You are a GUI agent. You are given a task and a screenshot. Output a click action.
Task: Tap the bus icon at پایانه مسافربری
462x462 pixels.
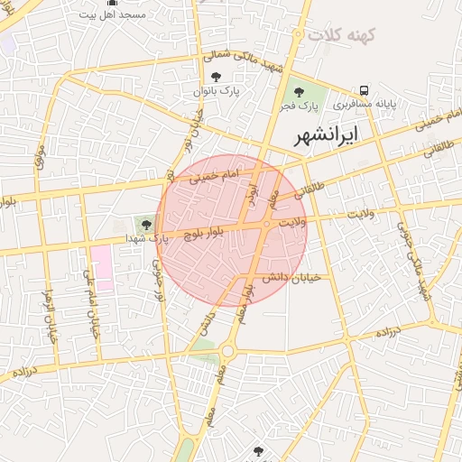364,90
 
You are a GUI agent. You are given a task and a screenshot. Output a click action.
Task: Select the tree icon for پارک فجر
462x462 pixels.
299,91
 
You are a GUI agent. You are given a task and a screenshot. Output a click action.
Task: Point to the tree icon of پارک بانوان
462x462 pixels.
215,77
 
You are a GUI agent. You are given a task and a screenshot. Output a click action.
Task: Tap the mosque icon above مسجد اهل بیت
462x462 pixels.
112,3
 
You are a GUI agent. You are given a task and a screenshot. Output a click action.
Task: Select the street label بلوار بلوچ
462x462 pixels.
209,234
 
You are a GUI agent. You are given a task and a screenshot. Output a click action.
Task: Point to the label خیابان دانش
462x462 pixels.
291,277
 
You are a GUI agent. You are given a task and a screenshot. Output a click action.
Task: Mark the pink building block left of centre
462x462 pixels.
102,266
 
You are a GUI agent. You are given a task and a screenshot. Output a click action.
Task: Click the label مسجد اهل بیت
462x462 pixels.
112,15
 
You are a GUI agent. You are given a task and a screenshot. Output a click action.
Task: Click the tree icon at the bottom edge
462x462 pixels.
258,450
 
